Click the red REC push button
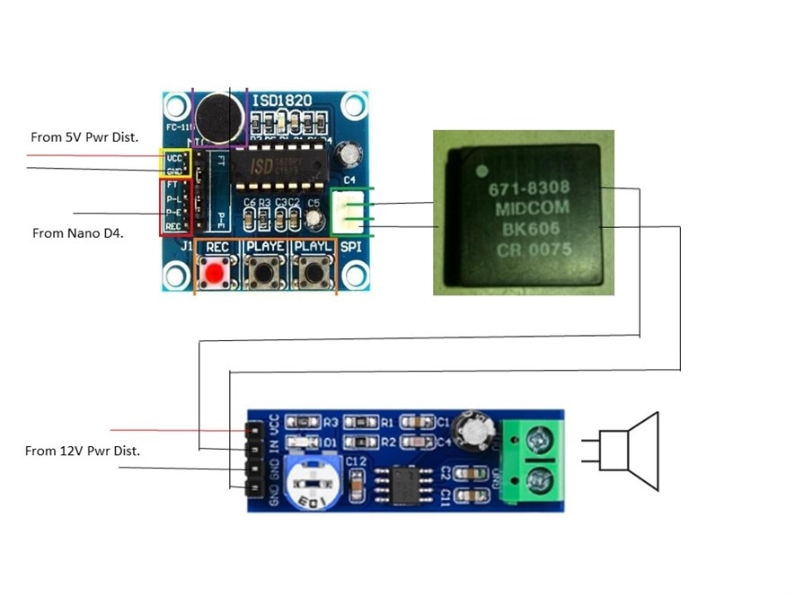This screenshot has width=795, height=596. [x=215, y=272]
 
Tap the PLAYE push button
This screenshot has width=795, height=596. [x=265, y=270]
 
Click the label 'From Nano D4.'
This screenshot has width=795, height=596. [x=77, y=232]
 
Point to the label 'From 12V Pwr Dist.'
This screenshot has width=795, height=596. [x=83, y=451]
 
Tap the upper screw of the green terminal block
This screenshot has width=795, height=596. [x=540, y=441]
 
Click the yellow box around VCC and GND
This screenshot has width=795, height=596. [x=174, y=162]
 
